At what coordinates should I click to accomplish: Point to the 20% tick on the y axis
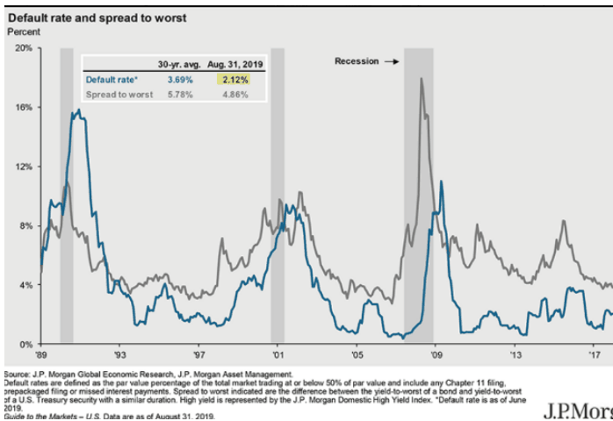pos(22,48)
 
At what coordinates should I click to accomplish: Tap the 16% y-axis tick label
pos(22,107)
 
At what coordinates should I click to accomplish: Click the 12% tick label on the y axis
pos(22,167)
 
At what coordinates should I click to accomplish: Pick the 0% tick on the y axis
pos(25,345)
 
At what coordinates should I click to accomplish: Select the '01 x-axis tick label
pos(278,355)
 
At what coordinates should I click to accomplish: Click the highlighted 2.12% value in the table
pos(234,79)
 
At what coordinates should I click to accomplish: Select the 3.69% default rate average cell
pos(175,79)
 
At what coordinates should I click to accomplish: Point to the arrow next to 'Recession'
pos(393,61)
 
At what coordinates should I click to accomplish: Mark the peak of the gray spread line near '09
pos(422,78)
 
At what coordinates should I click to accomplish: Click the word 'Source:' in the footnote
pos(17,374)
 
